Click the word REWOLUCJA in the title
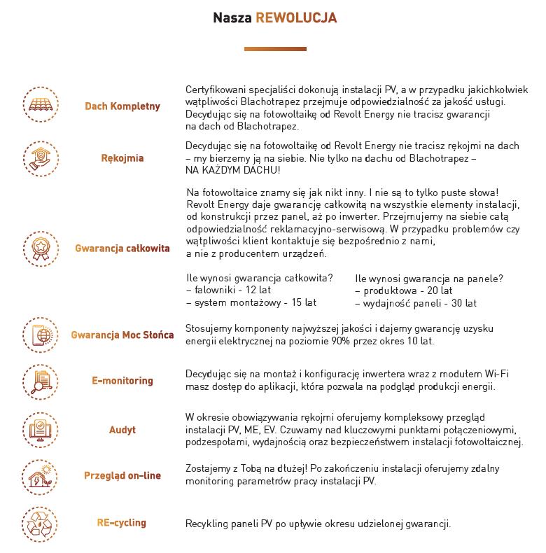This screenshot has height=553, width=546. pos(296,17)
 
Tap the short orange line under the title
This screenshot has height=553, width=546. pos(265,50)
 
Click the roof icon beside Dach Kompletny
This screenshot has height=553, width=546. pos(40,106)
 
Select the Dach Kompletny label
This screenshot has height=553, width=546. pos(122,106)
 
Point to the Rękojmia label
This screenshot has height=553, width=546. pos(122,158)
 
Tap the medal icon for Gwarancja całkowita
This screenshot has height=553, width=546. pos(40,248)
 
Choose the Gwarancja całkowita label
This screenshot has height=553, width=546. pos(122,248)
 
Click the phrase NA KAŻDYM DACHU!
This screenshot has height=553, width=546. pos(233,170)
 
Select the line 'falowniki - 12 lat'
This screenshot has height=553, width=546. pos(228,290)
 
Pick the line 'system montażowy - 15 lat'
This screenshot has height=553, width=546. pos(251,302)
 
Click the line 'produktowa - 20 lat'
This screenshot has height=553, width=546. pos(403,290)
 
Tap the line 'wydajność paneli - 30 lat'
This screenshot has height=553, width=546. pos(416,303)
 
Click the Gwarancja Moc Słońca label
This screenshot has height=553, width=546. pos(122,335)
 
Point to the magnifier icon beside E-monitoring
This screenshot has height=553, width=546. pos(40,381)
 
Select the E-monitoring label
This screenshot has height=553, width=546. pos(122,381)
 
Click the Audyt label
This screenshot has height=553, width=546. pos(122,430)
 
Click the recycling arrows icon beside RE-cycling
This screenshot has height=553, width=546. pos(40,523)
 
